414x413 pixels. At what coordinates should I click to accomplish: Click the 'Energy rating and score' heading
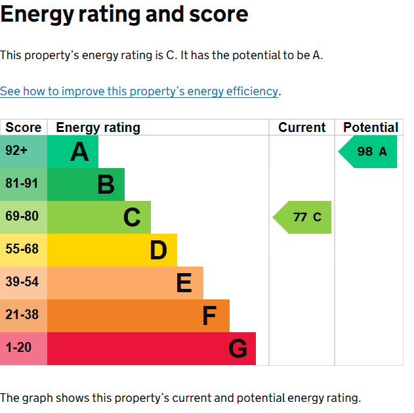pyautogui.click(x=125, y=14)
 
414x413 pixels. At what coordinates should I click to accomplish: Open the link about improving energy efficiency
pyautogui.click(x=139, y=91)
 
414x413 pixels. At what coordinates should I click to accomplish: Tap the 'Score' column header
pyautogui.click(x=24, y=127)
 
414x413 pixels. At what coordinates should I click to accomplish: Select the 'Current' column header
pyautogui.click(x=302, y=127)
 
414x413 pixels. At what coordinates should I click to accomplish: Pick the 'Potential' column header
pyautogui.click(x=371, y=127)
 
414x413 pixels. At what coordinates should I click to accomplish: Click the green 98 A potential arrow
pyautogui.click(x=367, y=152)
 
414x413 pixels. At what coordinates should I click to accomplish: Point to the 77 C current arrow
pyautogui.click(x=302, y=217)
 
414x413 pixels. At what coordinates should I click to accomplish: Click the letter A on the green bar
pyautogui.click(x=79, y=152)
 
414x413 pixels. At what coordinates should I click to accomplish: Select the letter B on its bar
pyautogui.click(x=106, y=185)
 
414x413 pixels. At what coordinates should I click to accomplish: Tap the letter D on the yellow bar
pyautogui.click(x=158, y=250)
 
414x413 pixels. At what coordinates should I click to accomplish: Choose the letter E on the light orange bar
pyautogui.click(x=184, y=283)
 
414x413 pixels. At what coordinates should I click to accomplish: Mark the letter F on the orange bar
pyautogui.click(x=210, y=316)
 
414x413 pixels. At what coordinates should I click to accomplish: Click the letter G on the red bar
pyautogui.click(x=238, y=348)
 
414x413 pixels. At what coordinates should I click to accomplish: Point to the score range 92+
pyautogui.click(x=16, y=150)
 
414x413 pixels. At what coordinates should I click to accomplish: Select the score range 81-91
pyautogui.click(x=22, y=183)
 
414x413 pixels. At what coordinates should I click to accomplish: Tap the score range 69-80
pyautogui.click(x=22, y=216)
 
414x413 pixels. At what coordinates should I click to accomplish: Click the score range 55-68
pyautogui.click(x=22, y=249)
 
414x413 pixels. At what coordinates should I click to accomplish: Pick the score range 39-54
pyautogui.click(x=22, y=282)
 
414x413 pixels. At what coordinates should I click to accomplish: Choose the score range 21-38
pyautogui.click(x=22, y=315)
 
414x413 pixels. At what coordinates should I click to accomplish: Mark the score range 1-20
pyautogui.click(x=18, y=347)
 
